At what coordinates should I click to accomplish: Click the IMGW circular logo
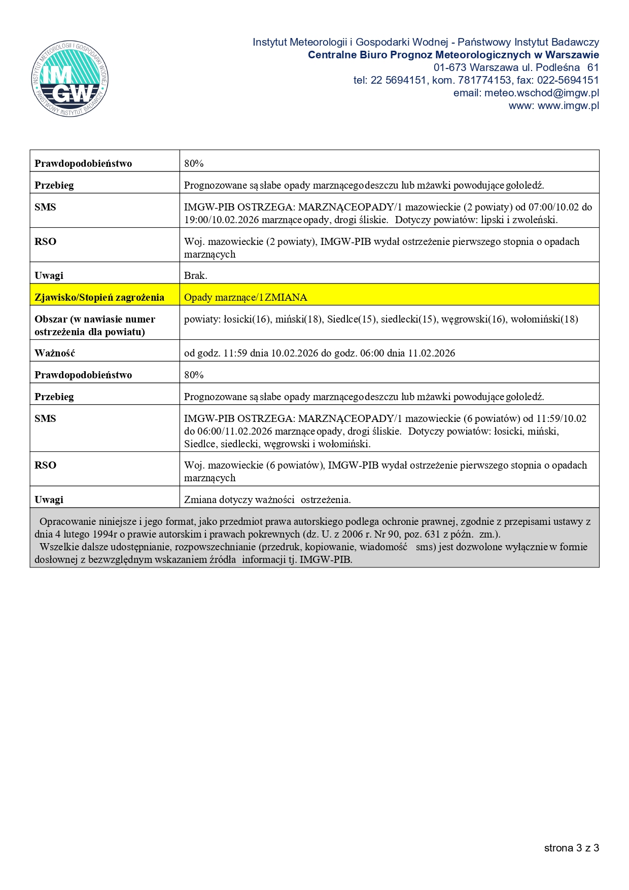(x=69, y=79)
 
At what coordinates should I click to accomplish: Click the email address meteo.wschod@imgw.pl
(x=541, y=93)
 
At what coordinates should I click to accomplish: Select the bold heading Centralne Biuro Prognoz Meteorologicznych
(x=453, y=55)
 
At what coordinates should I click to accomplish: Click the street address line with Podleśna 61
(x=516, y=67)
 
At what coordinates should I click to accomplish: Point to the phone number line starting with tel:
(x=476, y=80)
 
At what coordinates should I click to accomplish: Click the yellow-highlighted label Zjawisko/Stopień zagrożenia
(x=99, y=297)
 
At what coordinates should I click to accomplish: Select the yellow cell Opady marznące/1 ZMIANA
(x=246, y=297)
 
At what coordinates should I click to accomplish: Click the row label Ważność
(x=55, y=353)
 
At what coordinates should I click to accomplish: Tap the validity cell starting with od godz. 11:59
(x=320, y=353)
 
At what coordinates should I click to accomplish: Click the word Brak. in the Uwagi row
(x=195, y=275)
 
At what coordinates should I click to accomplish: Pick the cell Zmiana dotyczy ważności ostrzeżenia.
(x=267, y=500)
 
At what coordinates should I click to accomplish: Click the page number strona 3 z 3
(x=571, y=848)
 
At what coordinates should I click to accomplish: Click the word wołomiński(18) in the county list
(x=544, y=319)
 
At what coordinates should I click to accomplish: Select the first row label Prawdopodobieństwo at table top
(x=83, y=163)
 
